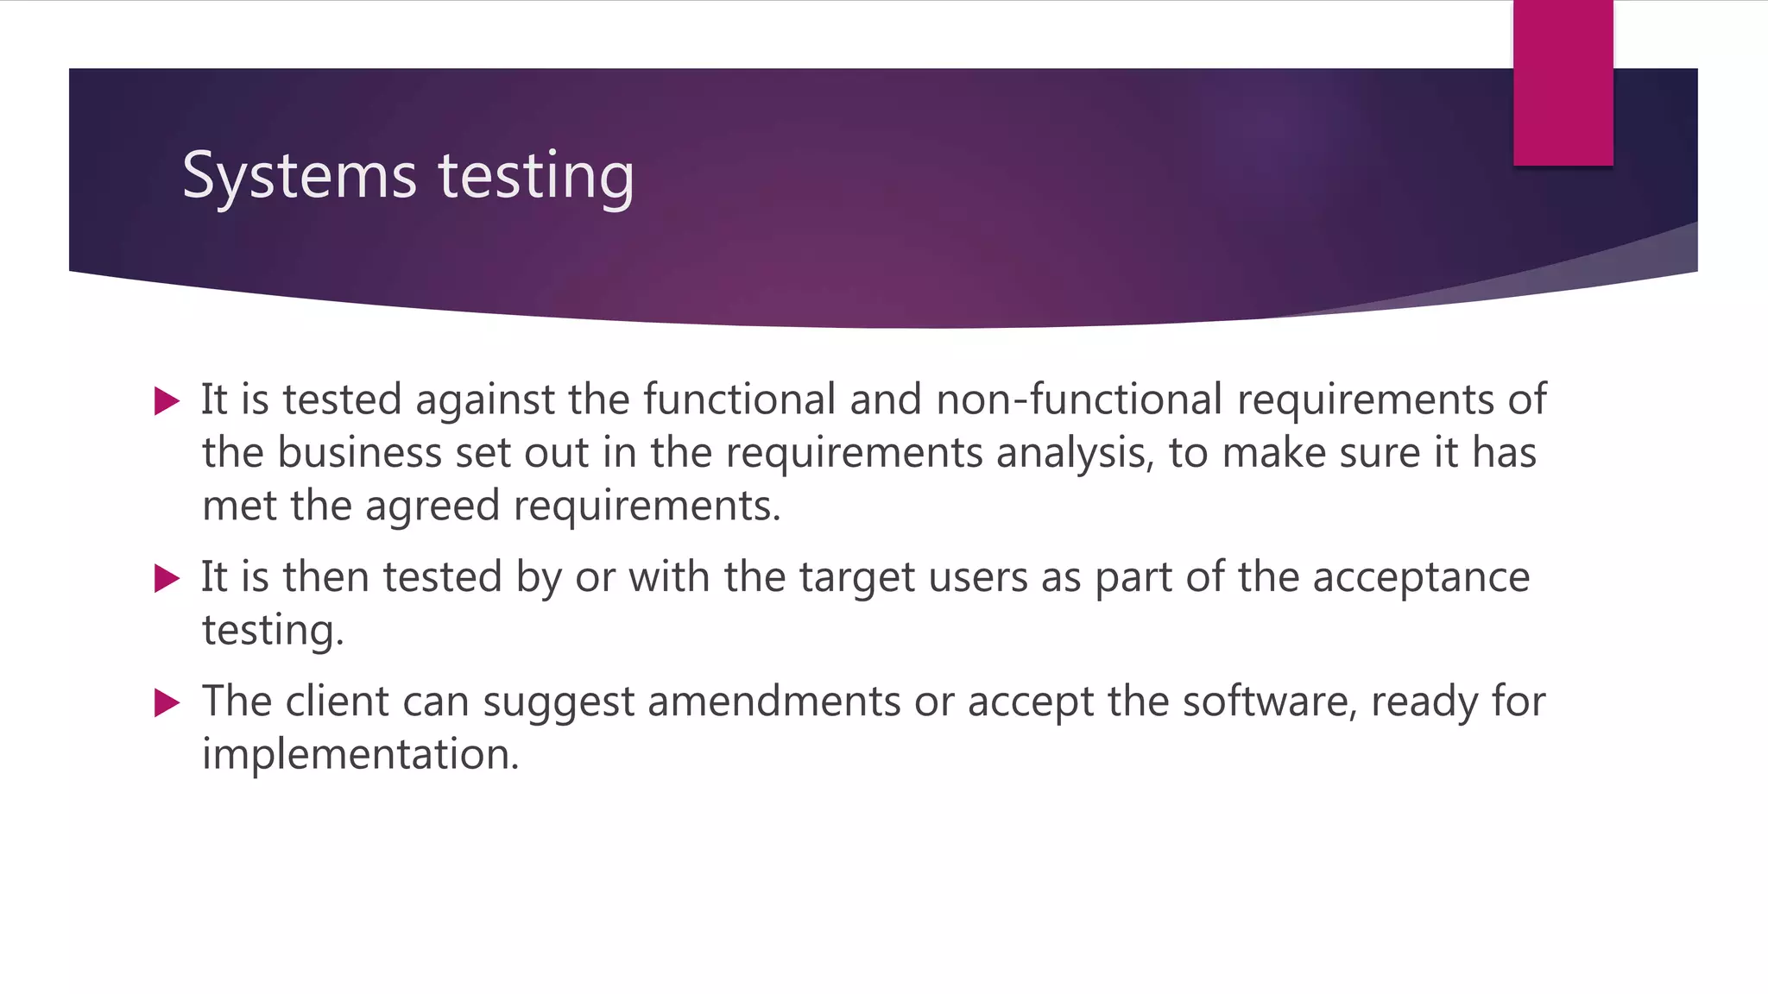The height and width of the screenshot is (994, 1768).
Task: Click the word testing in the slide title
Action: pos(536,177)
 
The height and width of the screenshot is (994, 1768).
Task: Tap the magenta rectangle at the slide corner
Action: pos(1563,83)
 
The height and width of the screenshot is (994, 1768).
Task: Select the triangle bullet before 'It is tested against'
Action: pos(167,401)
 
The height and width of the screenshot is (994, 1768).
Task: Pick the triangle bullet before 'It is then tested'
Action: pos(167,578)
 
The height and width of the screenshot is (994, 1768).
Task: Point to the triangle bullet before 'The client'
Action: pos(167,702)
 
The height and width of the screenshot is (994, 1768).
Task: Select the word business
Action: pos(359,453)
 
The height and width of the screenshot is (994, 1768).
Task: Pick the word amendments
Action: pos(774,701)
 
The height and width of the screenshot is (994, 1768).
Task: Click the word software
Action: pos(1269,701)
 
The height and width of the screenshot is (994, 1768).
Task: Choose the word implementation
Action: pos(360,755)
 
